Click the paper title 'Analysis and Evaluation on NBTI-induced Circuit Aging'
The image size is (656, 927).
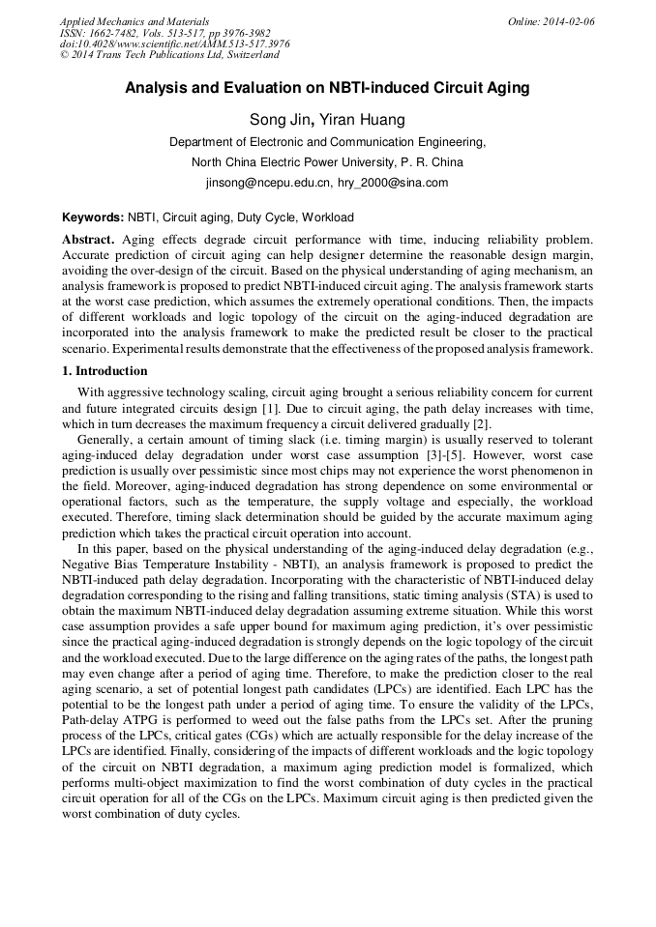tap(327, 88)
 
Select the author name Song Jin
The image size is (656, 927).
tap(280, 120)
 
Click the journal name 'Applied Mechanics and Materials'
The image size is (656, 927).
tap(134, 21)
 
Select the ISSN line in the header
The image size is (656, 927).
tap(164, 33)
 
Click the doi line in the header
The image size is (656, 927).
tap(174, 44)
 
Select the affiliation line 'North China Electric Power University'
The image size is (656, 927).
tap(327, 161)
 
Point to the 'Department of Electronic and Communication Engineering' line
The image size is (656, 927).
tap(327, 141)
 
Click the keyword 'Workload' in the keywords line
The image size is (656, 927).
tap(328, 217)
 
